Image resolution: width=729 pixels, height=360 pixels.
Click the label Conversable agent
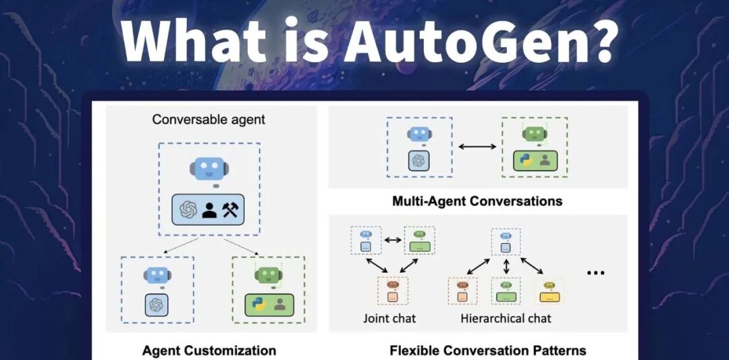click(x=209, y=120)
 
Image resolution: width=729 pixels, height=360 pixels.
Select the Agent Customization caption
click(x=209, y=351)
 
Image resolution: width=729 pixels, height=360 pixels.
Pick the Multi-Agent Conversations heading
click(x=477, y=201)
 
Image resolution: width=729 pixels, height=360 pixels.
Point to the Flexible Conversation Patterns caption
click(x=487, y=351)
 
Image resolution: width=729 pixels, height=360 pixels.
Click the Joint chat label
click(x=389, y=318)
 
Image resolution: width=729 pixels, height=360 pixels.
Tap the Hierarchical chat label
click(x=506, y=318)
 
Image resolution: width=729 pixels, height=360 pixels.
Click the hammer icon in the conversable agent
click(x=232, y=210)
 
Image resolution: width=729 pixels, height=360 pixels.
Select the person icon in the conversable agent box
click(x=209, y=210)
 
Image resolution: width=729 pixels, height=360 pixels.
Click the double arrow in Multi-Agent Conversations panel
click(x=477, y=146)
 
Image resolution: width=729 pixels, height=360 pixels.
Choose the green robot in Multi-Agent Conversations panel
click(x=533, y=134)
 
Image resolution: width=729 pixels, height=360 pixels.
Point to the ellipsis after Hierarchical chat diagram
click(x=595, y=273)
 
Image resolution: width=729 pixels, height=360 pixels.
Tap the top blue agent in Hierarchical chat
click(x=506, y=240)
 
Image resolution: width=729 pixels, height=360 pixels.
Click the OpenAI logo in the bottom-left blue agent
click(x=157, y=305)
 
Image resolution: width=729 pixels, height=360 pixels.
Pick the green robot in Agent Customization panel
click(x=268, y=275)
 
